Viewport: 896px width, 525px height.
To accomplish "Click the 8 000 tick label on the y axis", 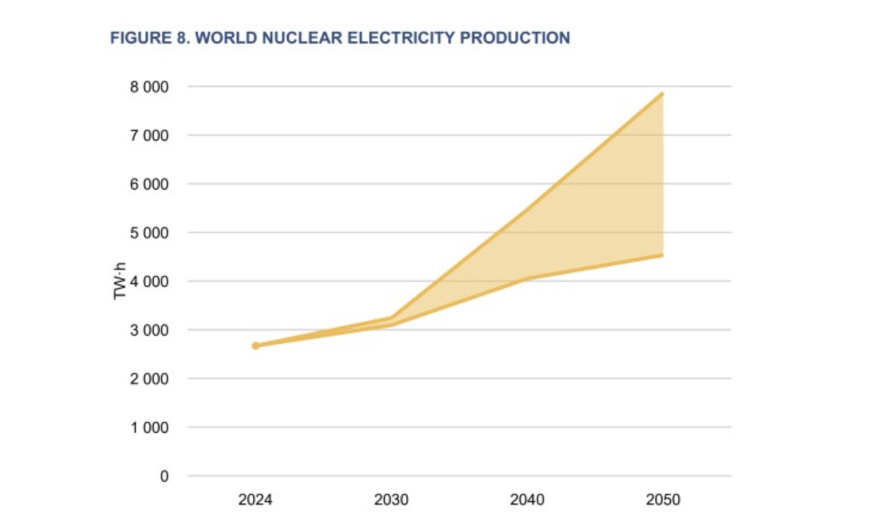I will point(149,87).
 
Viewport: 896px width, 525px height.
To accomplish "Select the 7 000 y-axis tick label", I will point(149,136).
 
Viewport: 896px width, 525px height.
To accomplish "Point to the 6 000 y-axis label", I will point(149,184).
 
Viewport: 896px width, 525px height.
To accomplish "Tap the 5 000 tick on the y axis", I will point(149,233).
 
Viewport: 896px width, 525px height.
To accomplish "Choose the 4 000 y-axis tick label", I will point(149,281).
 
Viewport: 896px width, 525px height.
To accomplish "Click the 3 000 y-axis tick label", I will point(149,330).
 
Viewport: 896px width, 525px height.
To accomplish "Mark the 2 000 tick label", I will point(149,379).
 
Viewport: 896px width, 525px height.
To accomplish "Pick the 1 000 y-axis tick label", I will point(149,428).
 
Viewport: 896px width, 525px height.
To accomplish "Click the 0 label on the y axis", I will point(164,477).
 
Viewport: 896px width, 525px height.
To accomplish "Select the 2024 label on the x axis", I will point(255,500).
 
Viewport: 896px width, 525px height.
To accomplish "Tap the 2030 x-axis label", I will point(391,500).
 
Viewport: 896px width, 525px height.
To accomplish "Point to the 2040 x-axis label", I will point(527,500).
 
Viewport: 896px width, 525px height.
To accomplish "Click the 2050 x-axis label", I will point(663,500).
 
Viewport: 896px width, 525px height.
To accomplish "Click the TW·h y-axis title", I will point(120,281).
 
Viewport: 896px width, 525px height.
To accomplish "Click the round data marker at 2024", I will point(256,345).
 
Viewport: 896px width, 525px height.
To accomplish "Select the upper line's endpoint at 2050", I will point(662,94).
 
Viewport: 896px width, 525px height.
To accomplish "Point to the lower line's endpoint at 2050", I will point(662,256).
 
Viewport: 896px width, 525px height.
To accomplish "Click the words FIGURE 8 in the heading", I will point(150,38).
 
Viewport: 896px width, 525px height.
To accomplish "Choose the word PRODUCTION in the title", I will point(515,38).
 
